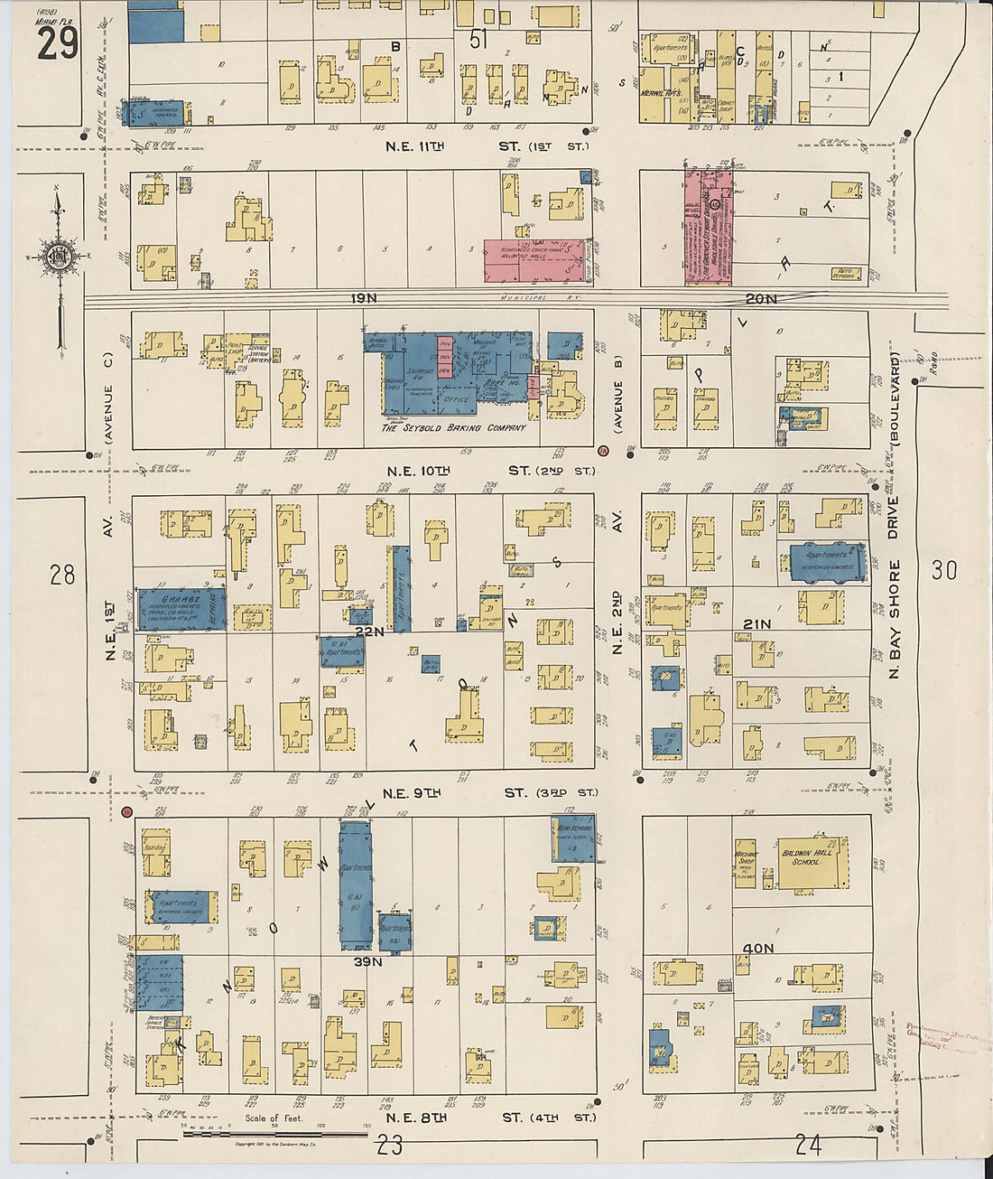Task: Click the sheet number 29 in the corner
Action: (x=58, y=42)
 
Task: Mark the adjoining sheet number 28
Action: (x=62, y=574)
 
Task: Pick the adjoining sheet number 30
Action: (x=944, y=570)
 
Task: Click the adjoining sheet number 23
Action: (x=390, y=1146)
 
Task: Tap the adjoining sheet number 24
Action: (x=808, y=1145)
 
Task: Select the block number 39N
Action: (x=367, y=962)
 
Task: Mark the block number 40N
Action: (x=758, y=948)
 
